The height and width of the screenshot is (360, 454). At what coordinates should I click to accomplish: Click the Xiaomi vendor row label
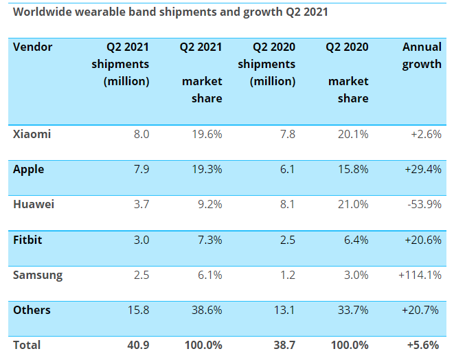pos(32,134)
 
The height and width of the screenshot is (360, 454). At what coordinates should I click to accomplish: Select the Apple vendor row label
pos(30,169)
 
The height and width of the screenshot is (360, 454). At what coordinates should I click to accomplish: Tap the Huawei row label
pos(34,204)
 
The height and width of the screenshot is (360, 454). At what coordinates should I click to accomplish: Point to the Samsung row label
pos(38,275)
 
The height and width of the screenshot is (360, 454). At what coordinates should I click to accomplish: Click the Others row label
pos(32,310)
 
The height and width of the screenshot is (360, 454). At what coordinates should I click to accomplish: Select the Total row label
pos(27,345)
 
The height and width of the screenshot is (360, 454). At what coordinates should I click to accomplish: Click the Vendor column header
pos(32,47)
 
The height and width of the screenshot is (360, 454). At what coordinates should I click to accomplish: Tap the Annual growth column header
pos(422,56)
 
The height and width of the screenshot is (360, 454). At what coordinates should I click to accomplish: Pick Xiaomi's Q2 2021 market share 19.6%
pos(205,134)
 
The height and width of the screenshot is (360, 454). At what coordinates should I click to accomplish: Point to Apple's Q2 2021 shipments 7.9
pos(141,169)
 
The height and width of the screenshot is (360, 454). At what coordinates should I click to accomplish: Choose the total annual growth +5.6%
pos(424,345)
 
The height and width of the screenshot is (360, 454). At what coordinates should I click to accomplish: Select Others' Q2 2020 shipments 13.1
pos(284,310)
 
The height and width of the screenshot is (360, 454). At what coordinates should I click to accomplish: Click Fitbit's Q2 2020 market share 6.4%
pos(354,239)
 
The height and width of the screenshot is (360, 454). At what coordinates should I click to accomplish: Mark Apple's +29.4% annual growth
pos(422,169)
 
